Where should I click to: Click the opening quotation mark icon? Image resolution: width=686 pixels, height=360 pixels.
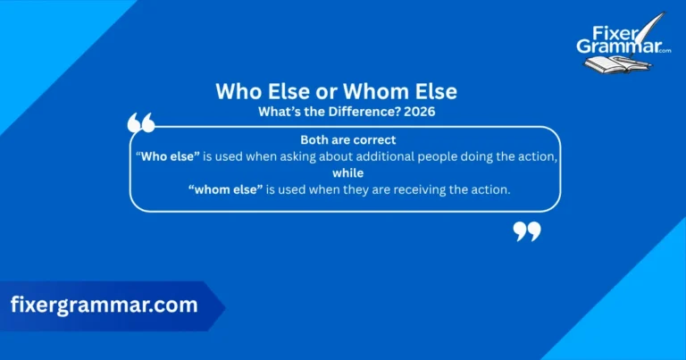coord(141,123)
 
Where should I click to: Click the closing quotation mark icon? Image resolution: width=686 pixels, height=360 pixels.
coord(527,232)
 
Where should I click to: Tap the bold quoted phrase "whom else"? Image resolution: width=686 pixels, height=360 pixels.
coord(223,188)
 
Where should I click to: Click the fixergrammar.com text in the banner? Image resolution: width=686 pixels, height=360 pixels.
coord(105,305)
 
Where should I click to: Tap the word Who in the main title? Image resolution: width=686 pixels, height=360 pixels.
coord(238,91)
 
